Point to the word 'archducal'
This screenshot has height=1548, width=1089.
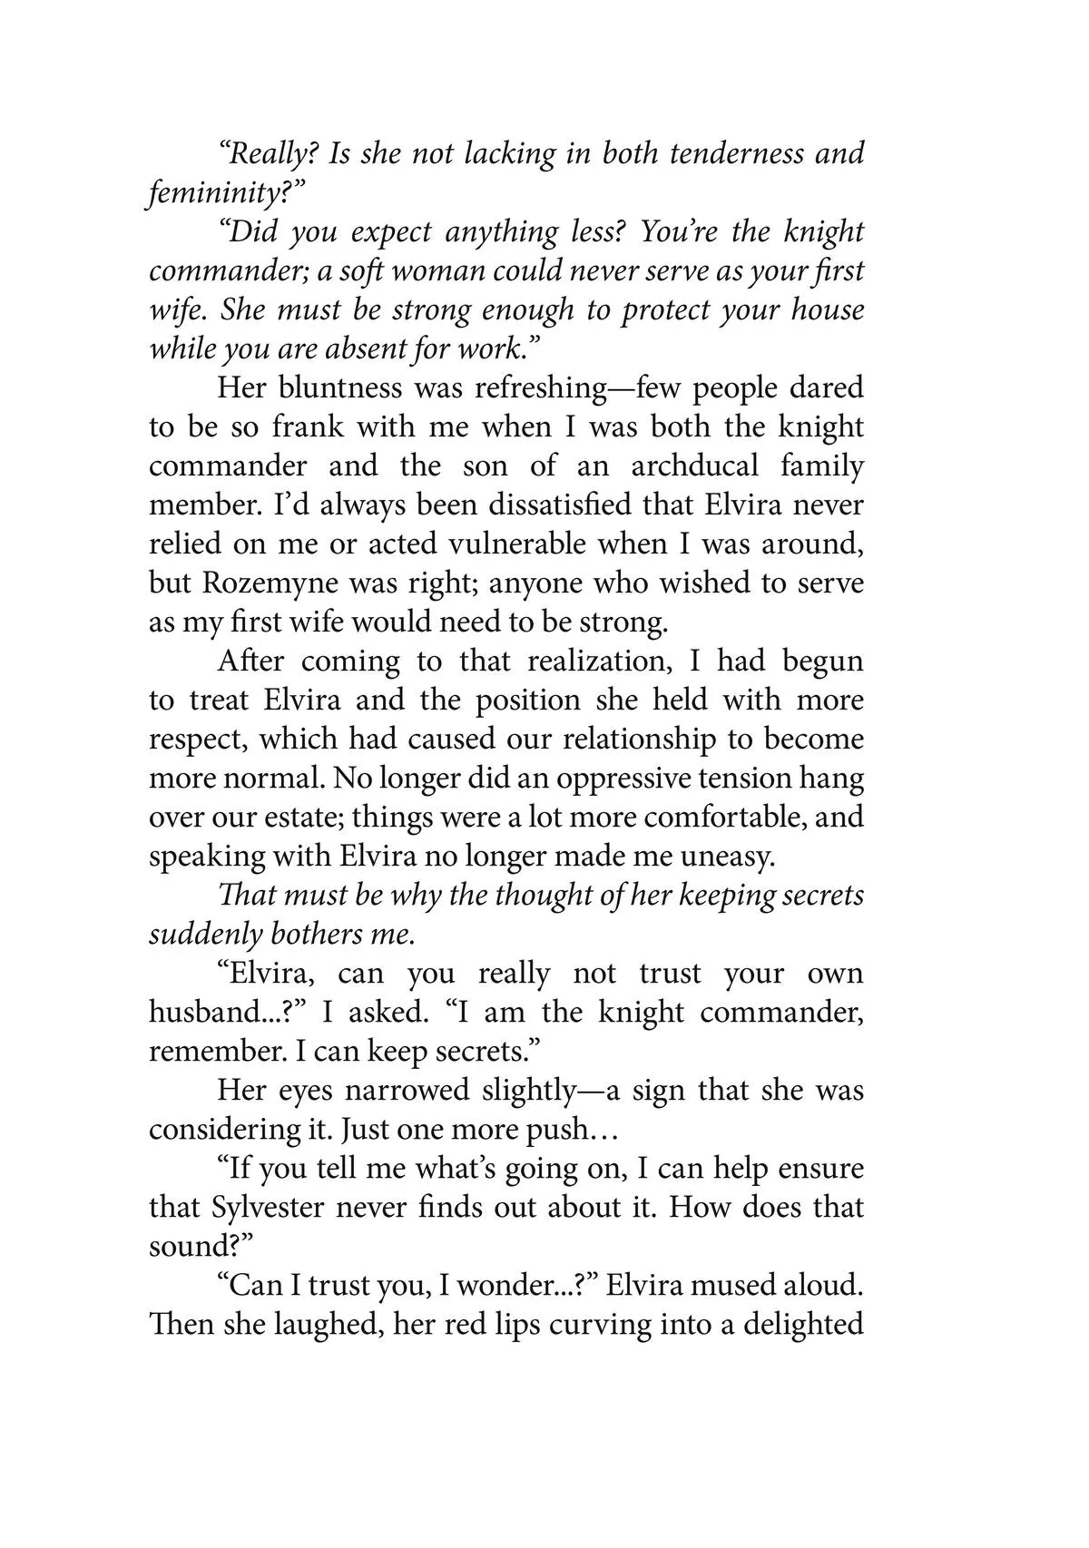pos(694,466)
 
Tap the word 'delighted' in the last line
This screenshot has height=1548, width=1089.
pos(803,1325)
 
